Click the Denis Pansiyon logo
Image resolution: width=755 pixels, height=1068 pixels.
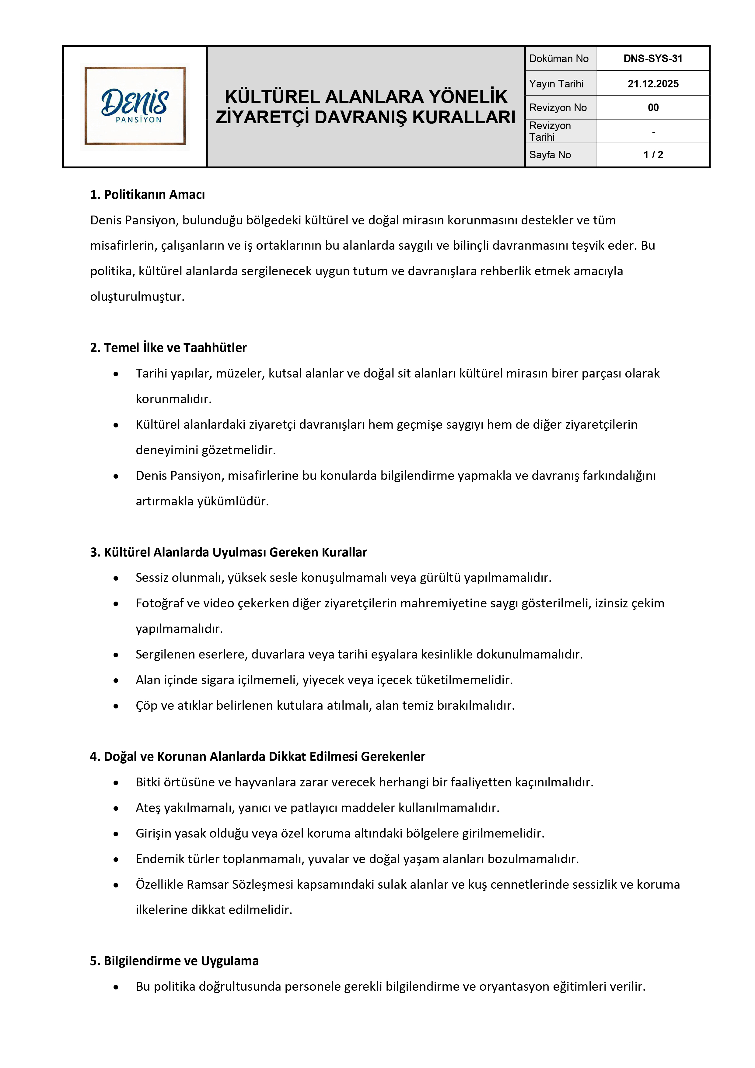135,106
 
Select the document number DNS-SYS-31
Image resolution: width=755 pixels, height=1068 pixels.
653,59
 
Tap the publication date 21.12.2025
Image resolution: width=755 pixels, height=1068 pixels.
653,84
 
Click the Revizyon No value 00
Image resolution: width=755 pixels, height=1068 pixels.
653,107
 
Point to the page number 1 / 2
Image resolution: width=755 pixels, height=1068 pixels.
653,155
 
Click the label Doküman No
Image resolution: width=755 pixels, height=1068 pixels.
558,59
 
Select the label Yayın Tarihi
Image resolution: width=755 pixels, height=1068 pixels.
556,84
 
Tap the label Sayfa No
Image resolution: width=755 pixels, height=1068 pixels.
550,155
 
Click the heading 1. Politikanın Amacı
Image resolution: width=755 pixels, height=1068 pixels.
147,195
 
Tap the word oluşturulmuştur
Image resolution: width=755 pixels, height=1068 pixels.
137,297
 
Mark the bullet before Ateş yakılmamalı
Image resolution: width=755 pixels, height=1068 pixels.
116,808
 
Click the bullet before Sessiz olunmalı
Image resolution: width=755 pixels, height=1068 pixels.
116,578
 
